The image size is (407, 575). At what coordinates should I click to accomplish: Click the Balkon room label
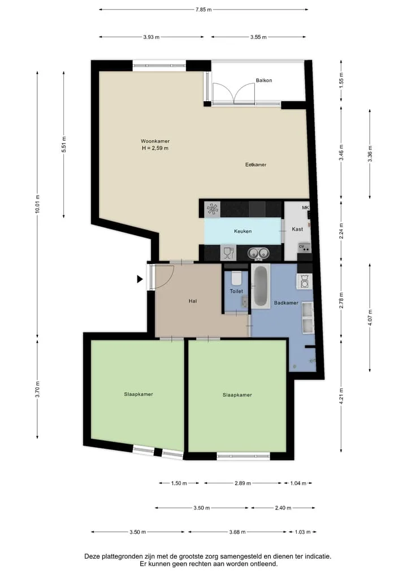(263, 80)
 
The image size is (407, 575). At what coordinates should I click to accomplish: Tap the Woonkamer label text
(155, 141)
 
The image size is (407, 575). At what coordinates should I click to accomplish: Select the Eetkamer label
(256, 165)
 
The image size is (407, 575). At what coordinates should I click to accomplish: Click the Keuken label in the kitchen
(243, 231)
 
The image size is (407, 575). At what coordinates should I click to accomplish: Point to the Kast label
(297, 229)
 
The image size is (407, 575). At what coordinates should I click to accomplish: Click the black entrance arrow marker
(140, 279)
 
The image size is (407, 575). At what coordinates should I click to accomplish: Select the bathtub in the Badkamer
(261, 286)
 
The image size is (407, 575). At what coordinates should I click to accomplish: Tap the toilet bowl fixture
(236, 278)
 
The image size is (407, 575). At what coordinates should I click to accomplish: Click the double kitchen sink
(258, 253)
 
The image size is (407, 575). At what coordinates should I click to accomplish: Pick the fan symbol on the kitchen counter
(213, 209)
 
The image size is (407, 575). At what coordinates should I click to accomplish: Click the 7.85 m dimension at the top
(203, 10)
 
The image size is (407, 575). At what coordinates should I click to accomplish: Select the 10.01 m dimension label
(37, 204)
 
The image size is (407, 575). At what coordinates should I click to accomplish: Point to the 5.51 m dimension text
(64, 144)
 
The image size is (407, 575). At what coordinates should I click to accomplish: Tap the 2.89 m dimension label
(243, 483)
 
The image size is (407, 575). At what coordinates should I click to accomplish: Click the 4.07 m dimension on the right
(370, 318)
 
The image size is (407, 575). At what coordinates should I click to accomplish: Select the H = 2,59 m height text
(155, 149)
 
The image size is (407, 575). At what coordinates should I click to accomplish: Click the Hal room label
(193, 301)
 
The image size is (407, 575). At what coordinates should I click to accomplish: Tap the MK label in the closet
(305, 207)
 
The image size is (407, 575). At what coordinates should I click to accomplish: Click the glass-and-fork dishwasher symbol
(228, 253)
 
